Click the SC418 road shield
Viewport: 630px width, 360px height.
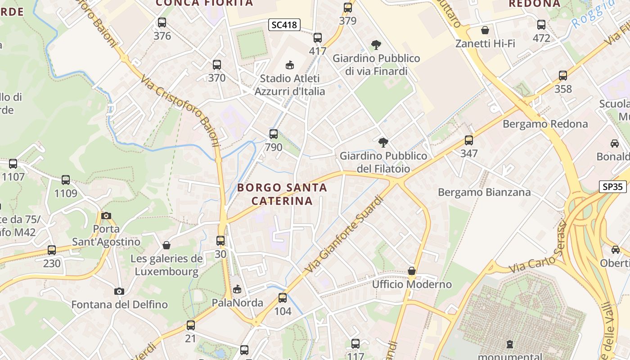[284, 25]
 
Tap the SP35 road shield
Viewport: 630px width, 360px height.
[612, 186]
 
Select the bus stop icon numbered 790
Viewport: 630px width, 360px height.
[273, 134]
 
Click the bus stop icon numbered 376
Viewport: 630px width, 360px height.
[162, 22]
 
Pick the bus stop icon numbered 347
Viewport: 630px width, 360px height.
[469, 140]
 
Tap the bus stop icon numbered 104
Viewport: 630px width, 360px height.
[283, 298]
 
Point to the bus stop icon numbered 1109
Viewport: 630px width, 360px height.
[66, 180]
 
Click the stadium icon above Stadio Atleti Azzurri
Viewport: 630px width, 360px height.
[289, 65]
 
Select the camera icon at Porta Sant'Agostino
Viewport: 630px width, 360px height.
[106, 216]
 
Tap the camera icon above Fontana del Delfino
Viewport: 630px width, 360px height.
[119, 292]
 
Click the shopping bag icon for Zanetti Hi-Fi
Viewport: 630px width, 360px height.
[485, 31]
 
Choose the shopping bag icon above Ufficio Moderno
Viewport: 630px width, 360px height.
[411, 271]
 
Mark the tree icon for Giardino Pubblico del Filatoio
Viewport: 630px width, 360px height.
[383, 143]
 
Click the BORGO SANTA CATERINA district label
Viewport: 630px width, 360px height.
[282, 194]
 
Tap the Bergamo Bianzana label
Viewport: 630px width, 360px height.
[484, 193]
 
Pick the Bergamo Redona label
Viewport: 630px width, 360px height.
[545, 124]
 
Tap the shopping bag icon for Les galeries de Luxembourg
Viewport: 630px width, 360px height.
[166, 245]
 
